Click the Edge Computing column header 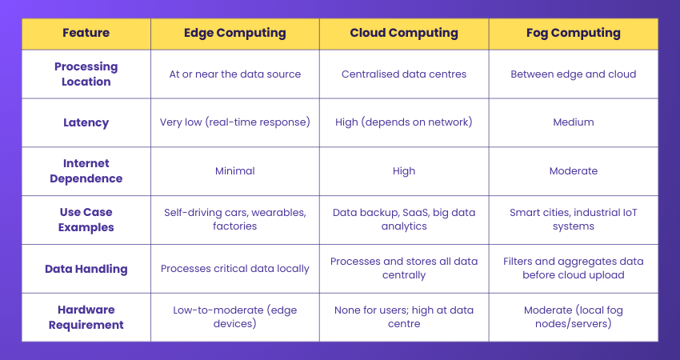pyautogui.click(x=234, y=34)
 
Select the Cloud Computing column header pyautogui.click(x=404, y=34)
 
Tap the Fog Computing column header pyautogui.click(x=574, y=34)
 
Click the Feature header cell pyautogui.click(x=86, y=34)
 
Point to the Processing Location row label pyautogui.click(x=86, y=74)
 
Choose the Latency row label pyautogui.click(x=86, y=123)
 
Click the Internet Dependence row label pyautogui.click(x=86, y=171)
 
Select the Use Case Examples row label pyautogui.click(x=86, y=220)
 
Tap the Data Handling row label pyautogui.click(x=86, y=269)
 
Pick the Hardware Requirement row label pyautogui.click(x=86, y=318)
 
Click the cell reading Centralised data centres pyautogui.click(x=404, y=74)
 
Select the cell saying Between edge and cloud pyautogui.click(x=574, y=74)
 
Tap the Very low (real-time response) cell pyautogui.click(x=234, y=123)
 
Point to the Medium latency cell pyautogui.click(x=574, y=123)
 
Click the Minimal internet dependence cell pyautogui.click(x=234, y=171)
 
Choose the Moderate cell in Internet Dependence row pyautogui.click(x=574, y=171)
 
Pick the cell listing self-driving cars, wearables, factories pyautogui.click(x=234, y=220)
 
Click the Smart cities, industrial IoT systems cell pyautogui.click(x=574, y=220)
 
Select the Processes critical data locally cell pyautogui.click(x=234, y=269)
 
